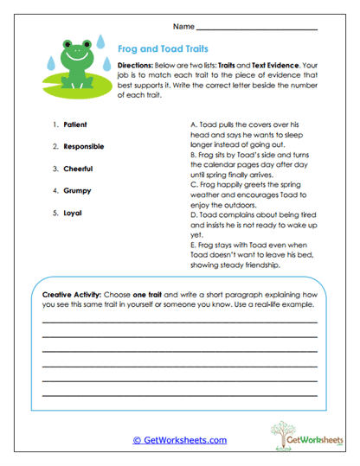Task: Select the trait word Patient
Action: pos(74,124)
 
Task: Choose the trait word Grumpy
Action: pos(77,189)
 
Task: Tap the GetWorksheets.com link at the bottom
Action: pos(179,439)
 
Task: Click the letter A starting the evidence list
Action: pos(192,125)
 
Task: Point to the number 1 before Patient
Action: pos(55,124)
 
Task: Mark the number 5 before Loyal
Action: pos(55,211)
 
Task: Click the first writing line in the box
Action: pos(179,322)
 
